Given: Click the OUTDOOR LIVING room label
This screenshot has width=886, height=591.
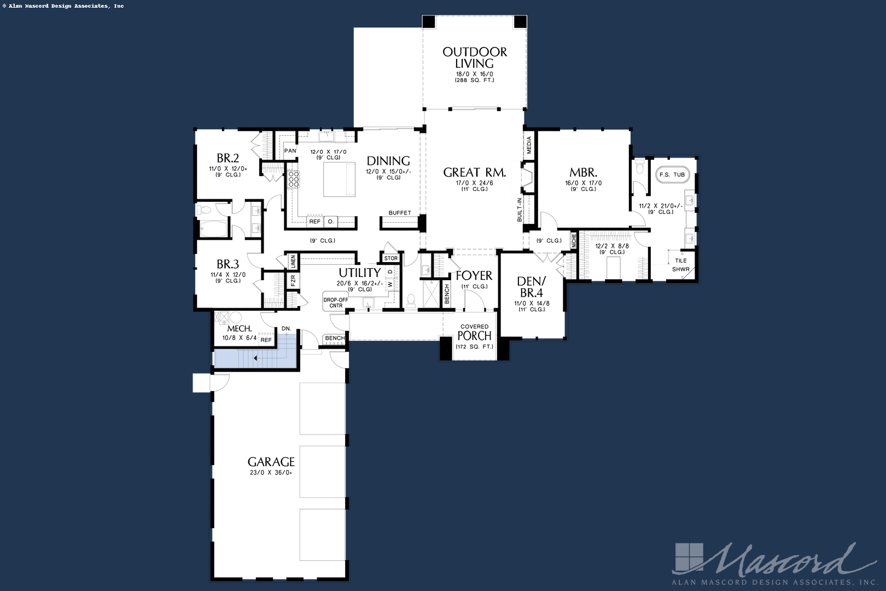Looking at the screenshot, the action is (475, 57).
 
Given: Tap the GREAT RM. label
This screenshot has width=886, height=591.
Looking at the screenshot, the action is (475, 172).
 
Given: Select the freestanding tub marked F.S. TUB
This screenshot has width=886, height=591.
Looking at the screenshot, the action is (672, 175).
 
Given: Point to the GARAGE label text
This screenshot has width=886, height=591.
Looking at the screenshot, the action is (271, 462).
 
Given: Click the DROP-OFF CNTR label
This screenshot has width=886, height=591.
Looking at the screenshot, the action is (336, 303).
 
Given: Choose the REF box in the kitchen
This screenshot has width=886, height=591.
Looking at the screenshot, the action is (315, 222).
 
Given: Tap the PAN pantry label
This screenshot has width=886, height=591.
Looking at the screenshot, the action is (290, 151).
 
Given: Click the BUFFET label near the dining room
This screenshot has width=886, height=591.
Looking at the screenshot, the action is (400, 212).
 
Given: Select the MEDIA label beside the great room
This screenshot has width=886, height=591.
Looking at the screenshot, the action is (529, 145).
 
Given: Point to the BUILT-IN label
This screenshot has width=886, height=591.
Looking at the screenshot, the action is (520, 210).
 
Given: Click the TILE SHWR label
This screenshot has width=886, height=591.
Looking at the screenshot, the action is (681, 265).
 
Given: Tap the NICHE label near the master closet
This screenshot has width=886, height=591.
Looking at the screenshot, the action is (574, 241).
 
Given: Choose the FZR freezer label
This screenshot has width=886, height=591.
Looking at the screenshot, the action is (293, 280).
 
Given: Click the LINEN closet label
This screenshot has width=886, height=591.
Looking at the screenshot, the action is (293, 262).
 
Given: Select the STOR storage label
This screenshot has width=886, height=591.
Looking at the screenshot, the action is (391, 258).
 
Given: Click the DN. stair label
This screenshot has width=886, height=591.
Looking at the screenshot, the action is (287, 328).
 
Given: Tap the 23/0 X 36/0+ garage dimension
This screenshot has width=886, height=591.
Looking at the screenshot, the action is (271, 473).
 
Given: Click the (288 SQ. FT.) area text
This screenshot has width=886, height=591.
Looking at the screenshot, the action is (475, 80).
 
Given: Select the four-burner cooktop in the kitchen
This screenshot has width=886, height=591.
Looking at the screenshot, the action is (293, 179).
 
